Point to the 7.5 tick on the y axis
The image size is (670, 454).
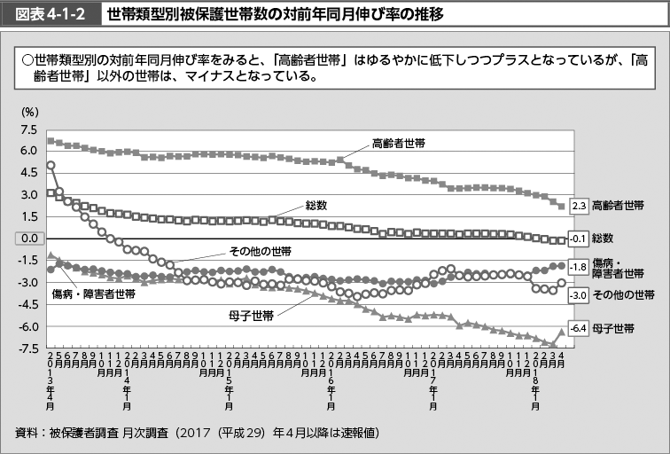point(30,129)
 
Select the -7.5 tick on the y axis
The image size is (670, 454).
point(29,348)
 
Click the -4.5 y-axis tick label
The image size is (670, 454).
point(29,304)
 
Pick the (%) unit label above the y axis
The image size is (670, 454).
point(30,112)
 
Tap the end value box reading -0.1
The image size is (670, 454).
point(578,239)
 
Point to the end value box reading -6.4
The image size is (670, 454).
point(578,328)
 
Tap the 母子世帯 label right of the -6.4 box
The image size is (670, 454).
point(613,328)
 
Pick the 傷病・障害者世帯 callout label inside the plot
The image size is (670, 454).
point(93,294)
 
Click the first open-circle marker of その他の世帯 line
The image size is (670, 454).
point(51,165)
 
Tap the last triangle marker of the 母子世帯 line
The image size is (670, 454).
point(561,332)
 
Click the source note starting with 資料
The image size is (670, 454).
point(198,432)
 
